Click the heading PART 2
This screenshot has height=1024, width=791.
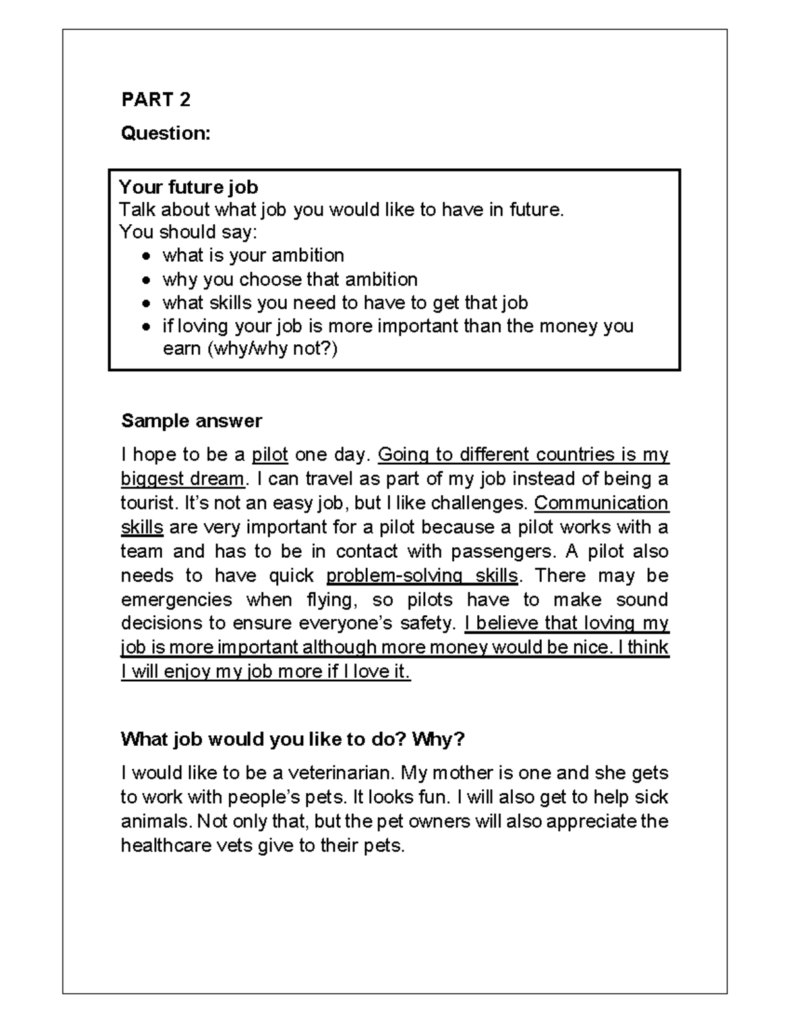pyautogui.click(x=156, y=100)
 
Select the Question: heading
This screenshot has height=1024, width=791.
pyautogui.click(x=165, y=133)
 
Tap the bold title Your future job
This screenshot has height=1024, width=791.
pyautogui.click(x=188, y=187)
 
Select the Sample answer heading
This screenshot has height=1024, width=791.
pyautogui.click(x=191, y=421)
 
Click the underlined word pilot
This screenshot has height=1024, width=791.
pyautogui.click(x=270, y=455)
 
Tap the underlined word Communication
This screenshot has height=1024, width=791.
pyautogui.click(x=601, y=503)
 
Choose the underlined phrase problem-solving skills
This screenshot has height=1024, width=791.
pyautogui.click(x=422, y=576)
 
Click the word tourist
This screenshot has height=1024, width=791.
pyautogui.click(x=149, y=503)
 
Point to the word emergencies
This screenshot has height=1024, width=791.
pyautogui.click(x=176, y=600)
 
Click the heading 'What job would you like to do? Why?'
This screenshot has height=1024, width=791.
pyautogui.click(x=293, y=739)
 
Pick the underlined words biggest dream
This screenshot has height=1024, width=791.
pyautogui.click(x=183, y=479)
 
